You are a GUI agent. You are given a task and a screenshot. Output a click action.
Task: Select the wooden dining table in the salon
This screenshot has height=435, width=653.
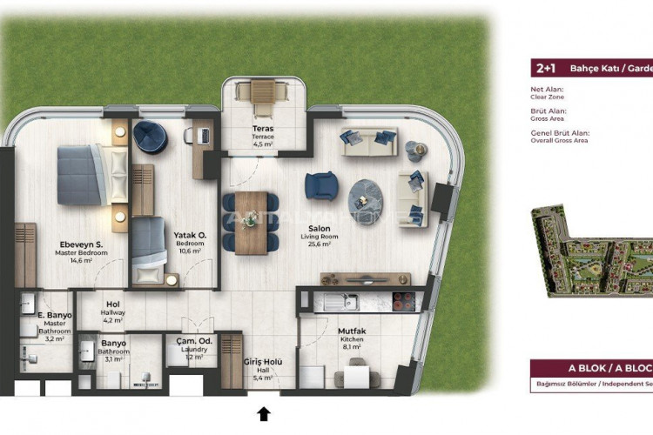252,221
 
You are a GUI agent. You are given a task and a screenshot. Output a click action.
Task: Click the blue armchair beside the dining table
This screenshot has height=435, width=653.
320,185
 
